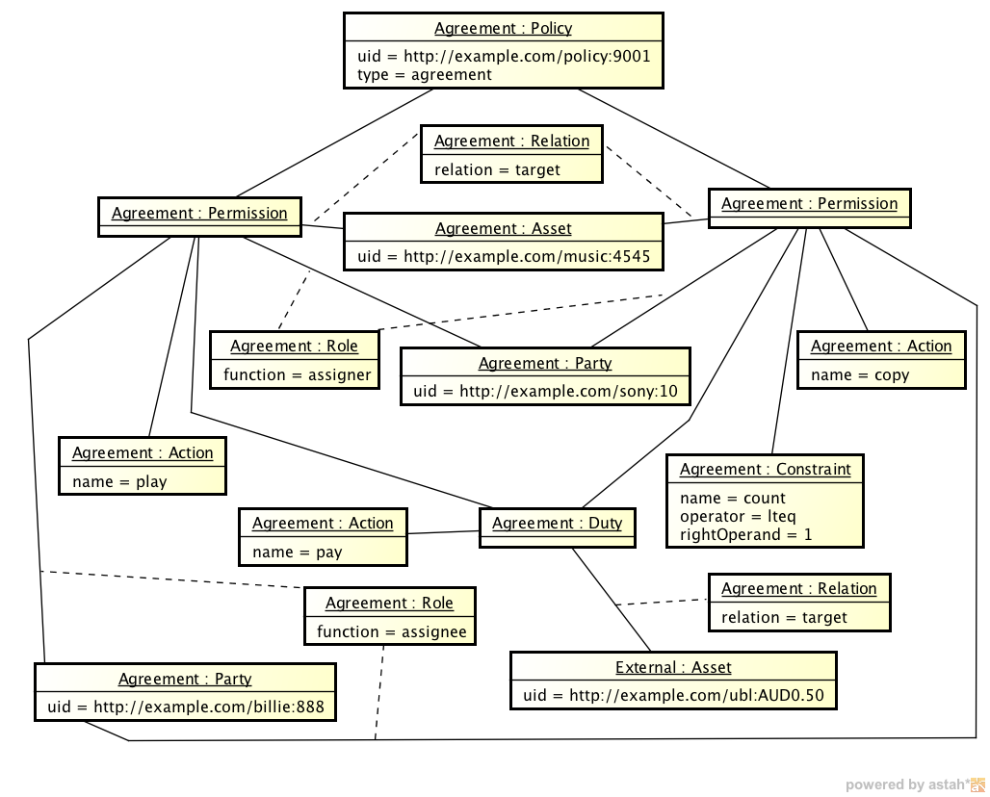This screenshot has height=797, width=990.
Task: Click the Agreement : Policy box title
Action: click(504, 29)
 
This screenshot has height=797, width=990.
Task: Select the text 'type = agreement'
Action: click(424, 74)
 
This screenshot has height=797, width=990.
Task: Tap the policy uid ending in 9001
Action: click(504, 56)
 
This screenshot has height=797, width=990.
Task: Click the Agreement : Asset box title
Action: click(503, 229)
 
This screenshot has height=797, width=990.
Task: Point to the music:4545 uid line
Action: click(503, 257)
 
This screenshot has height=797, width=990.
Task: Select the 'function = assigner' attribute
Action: click(297, 374)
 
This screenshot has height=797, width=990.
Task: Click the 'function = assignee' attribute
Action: click(391, 631)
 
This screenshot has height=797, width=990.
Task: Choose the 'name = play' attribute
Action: click(119, 481)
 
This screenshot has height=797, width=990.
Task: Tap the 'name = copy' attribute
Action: click(860, 374)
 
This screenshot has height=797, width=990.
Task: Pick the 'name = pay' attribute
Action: click(297, 552)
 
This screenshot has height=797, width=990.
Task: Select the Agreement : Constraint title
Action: click(765, 470)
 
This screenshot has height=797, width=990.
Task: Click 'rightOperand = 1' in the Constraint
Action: click(746, 534)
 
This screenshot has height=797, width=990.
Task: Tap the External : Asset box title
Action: click(673, 667)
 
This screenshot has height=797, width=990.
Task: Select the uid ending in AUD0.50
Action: click(673, 695)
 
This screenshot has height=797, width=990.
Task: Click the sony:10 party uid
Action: click(545, 392)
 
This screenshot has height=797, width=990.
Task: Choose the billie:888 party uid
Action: click(186, 707)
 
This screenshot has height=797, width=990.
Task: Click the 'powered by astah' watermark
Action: click(913, 784)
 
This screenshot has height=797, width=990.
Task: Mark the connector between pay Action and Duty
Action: click(443, 532)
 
